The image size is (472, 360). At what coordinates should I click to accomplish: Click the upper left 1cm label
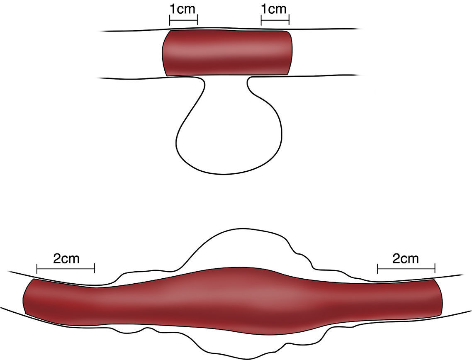click(x=183, y=9)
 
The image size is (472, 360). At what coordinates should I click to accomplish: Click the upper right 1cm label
click(x=275, y=9)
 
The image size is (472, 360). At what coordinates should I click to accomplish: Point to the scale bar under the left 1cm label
click(x=183, y=20)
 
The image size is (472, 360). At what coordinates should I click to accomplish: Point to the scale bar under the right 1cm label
click(x=275, y=20)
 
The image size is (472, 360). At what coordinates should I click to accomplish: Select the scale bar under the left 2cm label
click(x=66, y=268)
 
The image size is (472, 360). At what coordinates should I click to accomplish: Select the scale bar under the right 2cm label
click(x=406, y=268)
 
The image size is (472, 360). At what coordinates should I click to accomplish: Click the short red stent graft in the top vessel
click(x=227, y=53)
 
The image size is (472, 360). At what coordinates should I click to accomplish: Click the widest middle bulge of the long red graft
click(x=232, y=297)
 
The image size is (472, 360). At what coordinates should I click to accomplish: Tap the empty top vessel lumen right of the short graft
click(x=324, y=53)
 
